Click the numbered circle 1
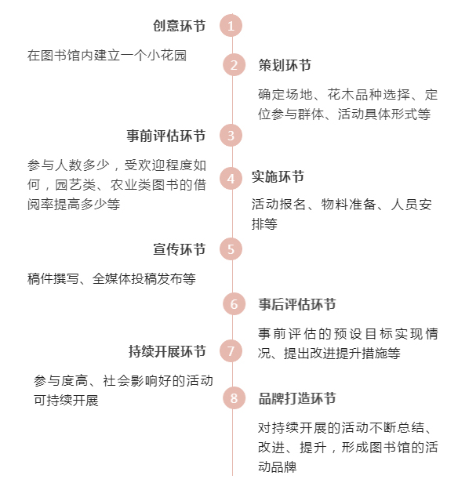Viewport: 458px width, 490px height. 231,26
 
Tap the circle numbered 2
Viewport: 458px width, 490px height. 234,65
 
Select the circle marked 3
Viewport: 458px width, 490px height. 231,136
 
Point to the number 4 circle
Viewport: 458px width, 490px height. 231,179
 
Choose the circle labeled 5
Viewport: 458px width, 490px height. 231,249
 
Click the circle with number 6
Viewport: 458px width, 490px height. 234,303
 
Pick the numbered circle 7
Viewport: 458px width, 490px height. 231,351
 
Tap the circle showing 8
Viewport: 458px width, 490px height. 234,398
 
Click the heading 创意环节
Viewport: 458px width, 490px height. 179,26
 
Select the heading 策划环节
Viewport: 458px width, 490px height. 285,65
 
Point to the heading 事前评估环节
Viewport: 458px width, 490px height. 166,136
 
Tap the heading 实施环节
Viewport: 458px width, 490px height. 278,176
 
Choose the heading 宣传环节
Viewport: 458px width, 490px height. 179,249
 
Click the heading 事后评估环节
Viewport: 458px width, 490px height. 297,304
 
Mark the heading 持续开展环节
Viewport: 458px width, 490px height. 167,351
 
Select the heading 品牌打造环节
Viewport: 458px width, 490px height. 297,398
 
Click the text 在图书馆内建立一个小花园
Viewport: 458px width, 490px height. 107,56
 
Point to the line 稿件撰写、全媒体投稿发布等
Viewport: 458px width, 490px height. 111,279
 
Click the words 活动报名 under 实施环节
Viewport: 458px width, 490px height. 278,205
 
